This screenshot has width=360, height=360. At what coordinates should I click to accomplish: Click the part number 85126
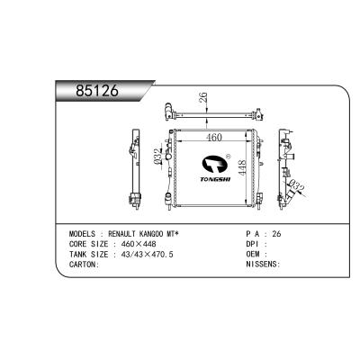click(97, 91)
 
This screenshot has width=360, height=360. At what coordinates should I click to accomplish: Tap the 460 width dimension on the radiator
click(215, 138)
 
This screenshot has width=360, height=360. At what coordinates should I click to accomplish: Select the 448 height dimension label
click(242, 167)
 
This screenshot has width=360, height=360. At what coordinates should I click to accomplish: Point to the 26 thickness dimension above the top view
click(203, 97)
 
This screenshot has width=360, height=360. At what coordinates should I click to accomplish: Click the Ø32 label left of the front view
click(157, 157)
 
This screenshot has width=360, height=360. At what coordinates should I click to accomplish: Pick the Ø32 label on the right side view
click(297, 185)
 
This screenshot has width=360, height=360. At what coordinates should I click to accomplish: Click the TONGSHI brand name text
click(215, 179)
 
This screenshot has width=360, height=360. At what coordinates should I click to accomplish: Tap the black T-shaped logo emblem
click(215, 164)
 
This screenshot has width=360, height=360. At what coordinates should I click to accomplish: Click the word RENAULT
click(122, 234)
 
